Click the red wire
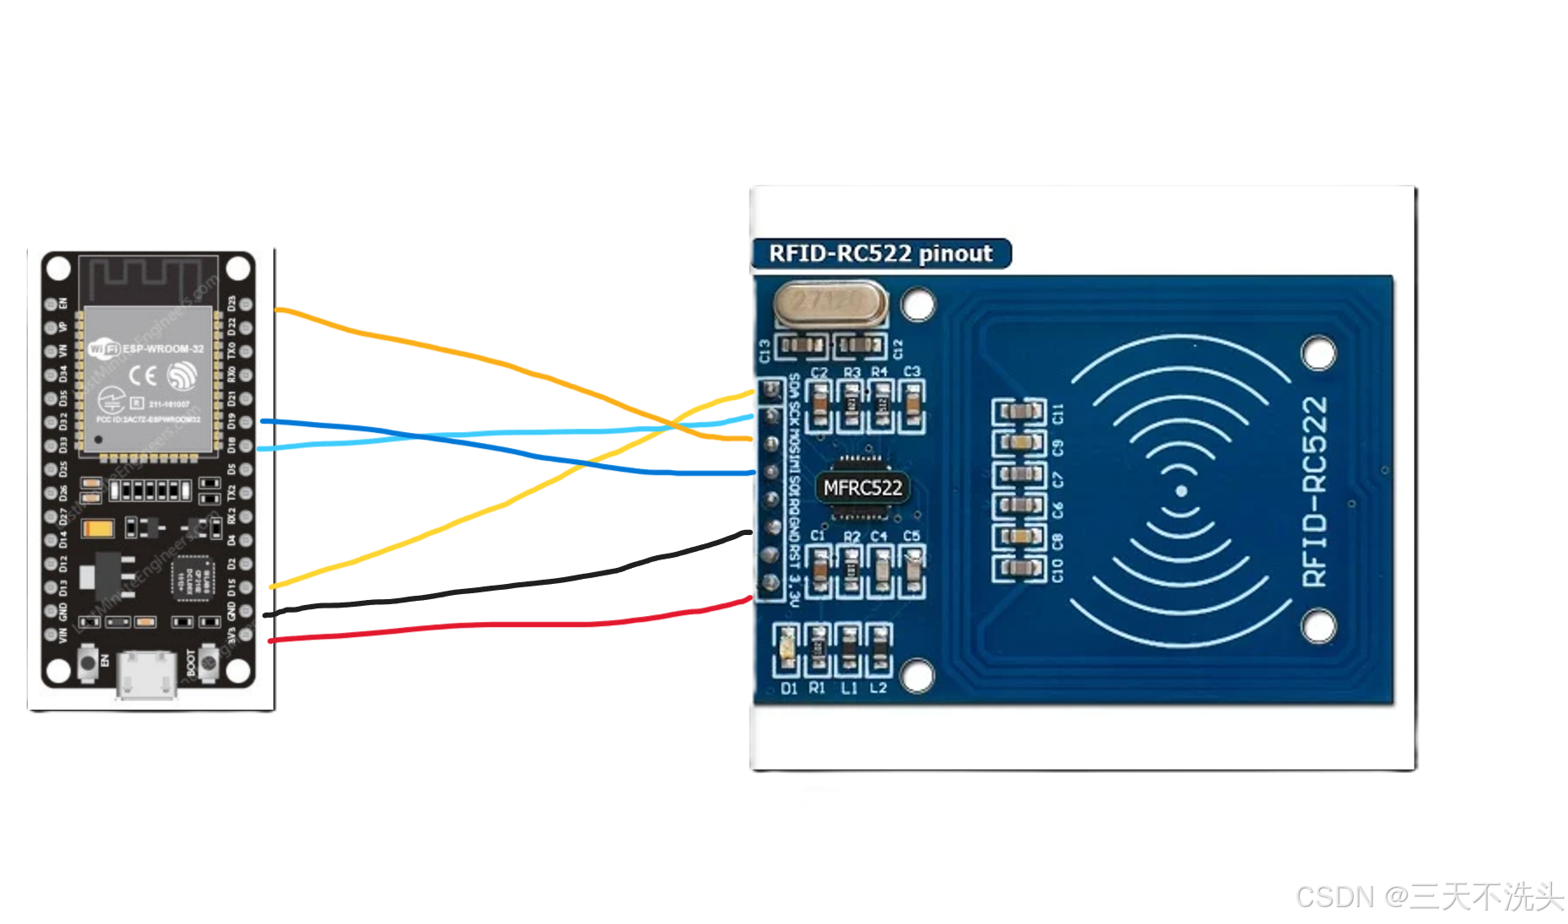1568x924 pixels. tap(506, 624)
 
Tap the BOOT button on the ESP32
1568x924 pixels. tap(208, 662)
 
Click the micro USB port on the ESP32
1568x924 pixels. tap(147, 674)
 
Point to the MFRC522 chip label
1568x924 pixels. tap(862, 488)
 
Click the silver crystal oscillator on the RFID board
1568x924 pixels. tap(830, 304)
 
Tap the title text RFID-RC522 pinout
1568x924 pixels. tap(880, 253)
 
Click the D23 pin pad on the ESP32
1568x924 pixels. tap(246, 304)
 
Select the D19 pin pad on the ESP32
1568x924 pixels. tap(246, 421)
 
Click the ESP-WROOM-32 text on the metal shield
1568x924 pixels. tap(163, 349)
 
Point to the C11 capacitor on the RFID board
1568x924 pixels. tap(1019, 412)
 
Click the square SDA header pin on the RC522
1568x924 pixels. tap(770, 390)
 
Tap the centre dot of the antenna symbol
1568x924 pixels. tap(1181, 491)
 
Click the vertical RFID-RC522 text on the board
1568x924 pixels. tap(1315, 491)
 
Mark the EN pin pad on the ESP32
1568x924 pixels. tap(51, 304)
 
